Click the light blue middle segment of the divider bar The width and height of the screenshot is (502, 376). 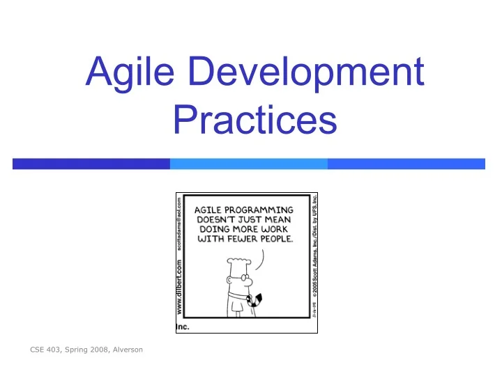tap(248, 164)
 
